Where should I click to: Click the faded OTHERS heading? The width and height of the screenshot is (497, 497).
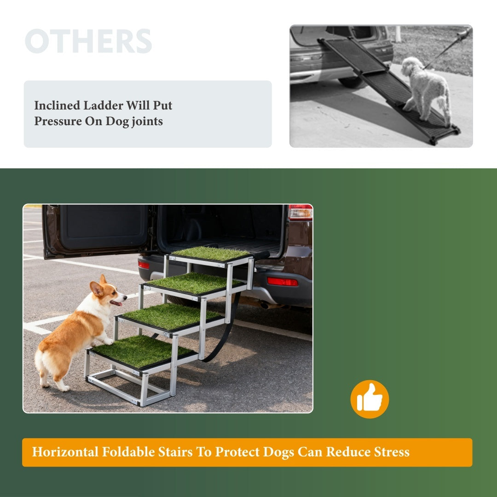[88, 41]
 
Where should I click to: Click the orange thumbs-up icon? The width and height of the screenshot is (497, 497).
[370, 399]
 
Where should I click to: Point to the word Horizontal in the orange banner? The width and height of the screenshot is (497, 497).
[65, 452]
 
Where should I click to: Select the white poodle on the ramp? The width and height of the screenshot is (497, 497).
[426, 87]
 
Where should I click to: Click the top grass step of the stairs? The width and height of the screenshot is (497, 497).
[211, 253]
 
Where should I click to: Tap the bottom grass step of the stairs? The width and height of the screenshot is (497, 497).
[140, 351]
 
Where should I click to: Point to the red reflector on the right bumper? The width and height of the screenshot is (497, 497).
[282, 282]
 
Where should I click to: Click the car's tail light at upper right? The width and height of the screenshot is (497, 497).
[300, 212]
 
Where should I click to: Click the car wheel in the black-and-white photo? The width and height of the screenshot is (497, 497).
[352, 82]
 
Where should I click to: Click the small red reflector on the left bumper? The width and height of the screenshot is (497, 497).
[144, 265]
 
